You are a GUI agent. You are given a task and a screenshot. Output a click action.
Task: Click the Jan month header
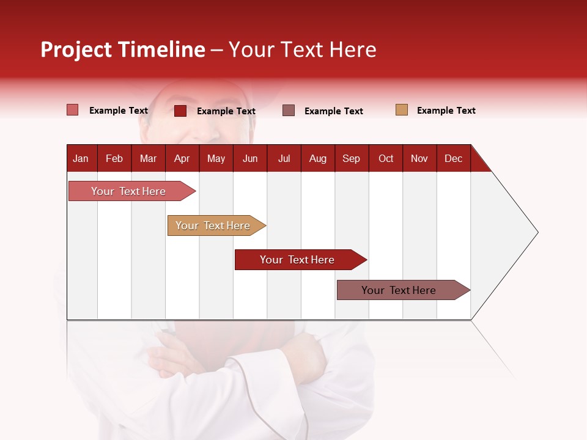click(x=81, y=158)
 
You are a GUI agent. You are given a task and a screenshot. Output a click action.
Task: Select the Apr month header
click(x=182, y=158)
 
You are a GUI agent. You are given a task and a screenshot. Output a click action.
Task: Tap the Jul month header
click(x=284, y=158)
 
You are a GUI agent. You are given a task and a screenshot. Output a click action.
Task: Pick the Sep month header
click(x=351, y=158)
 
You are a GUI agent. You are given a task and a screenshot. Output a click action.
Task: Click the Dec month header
click(x=453, y=158)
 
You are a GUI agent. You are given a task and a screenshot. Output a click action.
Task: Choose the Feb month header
click(x=114, y=158)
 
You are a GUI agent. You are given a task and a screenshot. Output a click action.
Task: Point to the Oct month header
click(x=386, y=158)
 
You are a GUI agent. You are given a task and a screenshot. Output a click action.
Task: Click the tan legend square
click(x=401, y=110)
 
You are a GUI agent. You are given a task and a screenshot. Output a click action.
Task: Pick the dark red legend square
click(x=180, y=111)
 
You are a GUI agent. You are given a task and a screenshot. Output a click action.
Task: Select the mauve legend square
click(x=289, y=110)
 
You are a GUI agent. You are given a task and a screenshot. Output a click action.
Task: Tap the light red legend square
click(x=73, y=110)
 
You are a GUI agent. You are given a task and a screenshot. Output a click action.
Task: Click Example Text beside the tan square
click(x=446, y=111)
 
